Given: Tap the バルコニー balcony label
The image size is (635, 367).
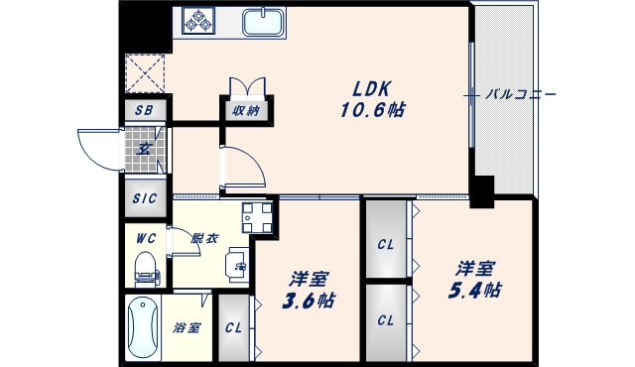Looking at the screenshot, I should (x=521, y=95).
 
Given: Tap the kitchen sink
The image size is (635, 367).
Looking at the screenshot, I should (x=262, y=21).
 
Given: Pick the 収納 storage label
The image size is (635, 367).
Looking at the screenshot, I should (x=245, y=110).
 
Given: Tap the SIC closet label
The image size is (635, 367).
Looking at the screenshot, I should (x=145, y=197).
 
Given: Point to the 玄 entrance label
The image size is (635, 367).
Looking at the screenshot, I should (x=144, y=151).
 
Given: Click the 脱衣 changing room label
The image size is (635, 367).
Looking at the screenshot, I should (x=204, y=238).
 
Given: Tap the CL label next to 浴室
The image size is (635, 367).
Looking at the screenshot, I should (x=233, y=327).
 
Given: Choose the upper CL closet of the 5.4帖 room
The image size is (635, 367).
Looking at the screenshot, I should (x=386, y=242).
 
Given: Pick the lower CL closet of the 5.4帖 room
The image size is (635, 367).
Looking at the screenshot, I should (x=386, y=320).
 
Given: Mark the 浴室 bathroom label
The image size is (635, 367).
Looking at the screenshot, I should (x=188, y=327).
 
